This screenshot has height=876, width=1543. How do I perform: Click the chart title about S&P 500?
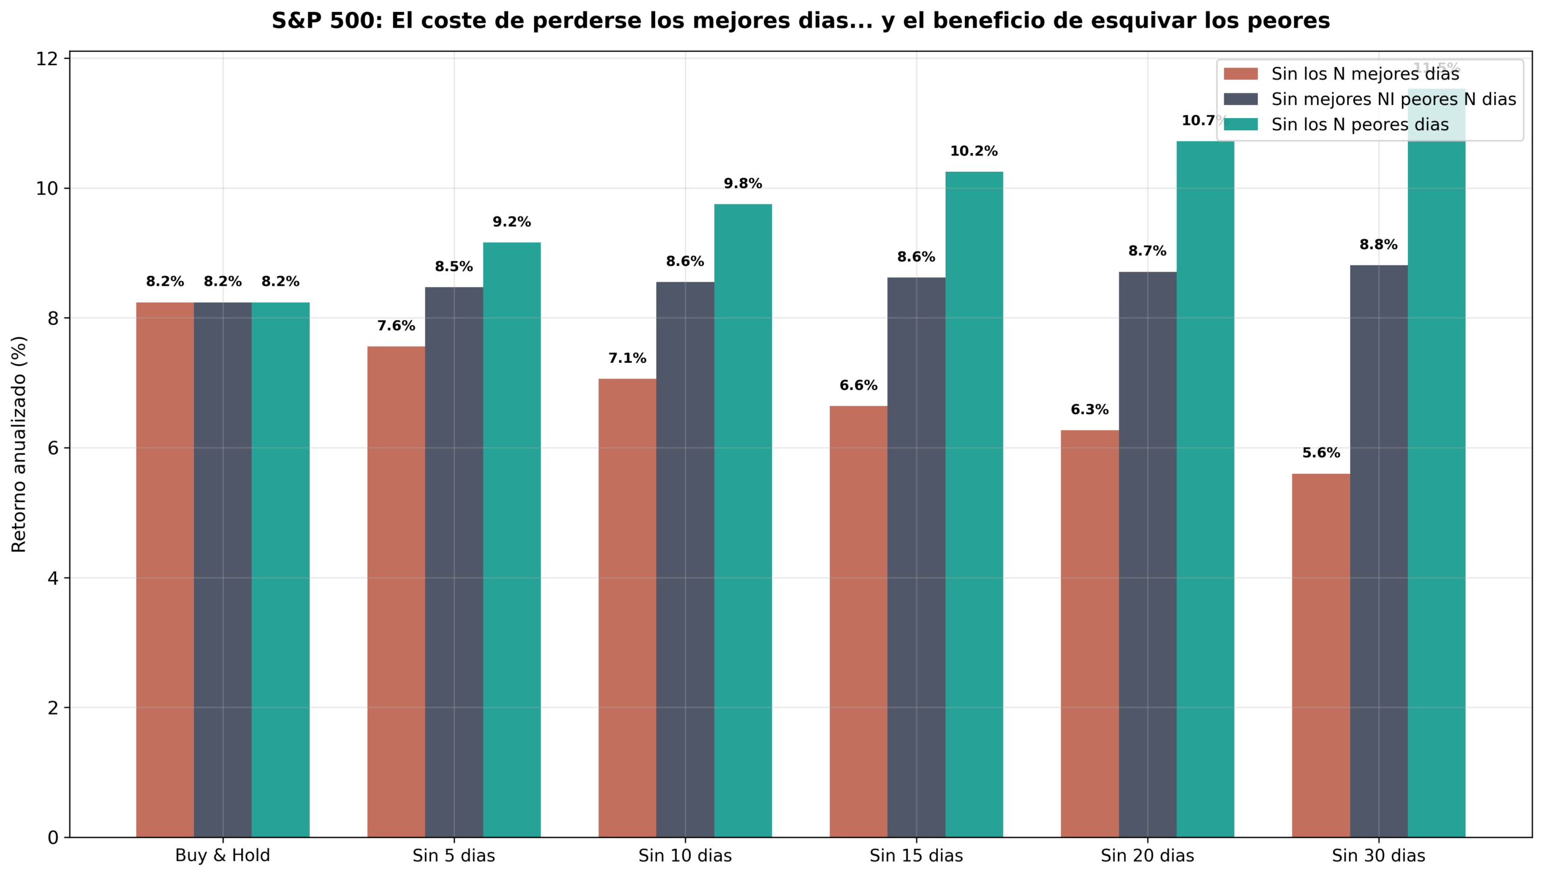click(x=800, y=21)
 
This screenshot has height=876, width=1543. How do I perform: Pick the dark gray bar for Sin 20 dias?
click(x=1147, y=554)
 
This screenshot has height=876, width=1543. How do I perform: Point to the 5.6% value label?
click(x=1321, y=453)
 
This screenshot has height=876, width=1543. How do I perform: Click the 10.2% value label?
click(x=973, y=151)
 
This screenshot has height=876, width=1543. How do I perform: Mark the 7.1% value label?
click(x=627, y=359)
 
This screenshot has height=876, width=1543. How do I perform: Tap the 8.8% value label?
click(x=1378, y=245)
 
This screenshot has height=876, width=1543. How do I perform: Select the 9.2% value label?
click(x=512, y=222)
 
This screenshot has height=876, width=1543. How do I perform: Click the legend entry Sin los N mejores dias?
click(x=1365, y=74)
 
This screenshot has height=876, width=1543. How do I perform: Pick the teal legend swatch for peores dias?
click(x=1240, y=125)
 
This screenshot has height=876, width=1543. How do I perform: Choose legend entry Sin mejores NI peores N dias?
click(x=1393, y=99)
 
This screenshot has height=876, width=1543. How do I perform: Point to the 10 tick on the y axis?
click(x=47, y=189)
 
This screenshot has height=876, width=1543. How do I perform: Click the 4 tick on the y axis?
click(x=53, y=578)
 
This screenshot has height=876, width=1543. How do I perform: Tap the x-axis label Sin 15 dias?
click(x=916, y=856)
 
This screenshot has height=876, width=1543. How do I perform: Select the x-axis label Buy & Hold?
click(x=222, y=856)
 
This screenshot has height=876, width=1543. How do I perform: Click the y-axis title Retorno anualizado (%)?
click(x=19, y=444)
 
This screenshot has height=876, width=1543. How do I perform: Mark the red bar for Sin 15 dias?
click(x=858, y=622)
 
